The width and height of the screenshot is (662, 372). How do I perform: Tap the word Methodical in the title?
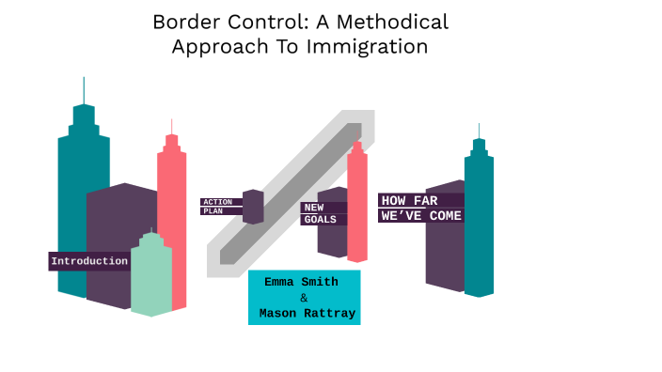click(x=397, y=23)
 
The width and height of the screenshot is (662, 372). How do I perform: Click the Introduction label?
click(x=89, y=261)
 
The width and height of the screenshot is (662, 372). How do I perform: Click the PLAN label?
click(x=213, y=211)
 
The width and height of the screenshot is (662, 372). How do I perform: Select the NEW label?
click(x=313, y=208)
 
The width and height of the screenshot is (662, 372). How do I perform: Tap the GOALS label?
click(x=320, y=220)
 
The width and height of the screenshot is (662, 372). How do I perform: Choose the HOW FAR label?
click(x=409, y=200)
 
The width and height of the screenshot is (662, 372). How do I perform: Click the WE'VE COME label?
click(x=421, y=216)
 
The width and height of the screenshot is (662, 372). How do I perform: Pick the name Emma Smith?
click(x=303, y=282)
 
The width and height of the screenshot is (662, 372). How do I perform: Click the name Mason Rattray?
click(x=307, y=314)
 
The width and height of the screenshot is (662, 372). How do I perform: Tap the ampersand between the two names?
click(x=303, y=298)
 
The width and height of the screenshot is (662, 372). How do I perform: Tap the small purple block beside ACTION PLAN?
click(x=253, y=207)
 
